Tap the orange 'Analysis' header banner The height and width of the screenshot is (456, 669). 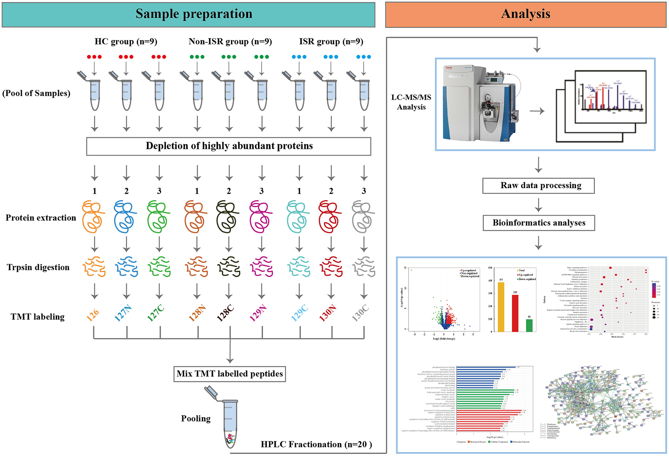pos(526,14)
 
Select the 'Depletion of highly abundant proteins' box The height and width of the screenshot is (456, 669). pos(229,146)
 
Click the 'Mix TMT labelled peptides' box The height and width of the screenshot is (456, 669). pos(230,374)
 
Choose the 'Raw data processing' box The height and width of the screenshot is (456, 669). pos(538,186)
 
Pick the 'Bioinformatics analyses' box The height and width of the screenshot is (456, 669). pos(539,223)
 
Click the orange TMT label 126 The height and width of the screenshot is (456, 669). pos(93,314)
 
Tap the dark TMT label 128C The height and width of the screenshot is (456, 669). pos(226,313)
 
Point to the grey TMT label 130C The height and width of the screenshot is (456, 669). pos(360,313)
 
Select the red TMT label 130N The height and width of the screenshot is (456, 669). pos(328,313)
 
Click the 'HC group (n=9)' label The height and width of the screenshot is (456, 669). pos(126,42)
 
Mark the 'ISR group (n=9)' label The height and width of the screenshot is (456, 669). pos(331,42)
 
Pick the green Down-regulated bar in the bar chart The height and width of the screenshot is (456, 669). pos(529,325)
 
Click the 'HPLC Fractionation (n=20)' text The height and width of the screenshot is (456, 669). pos(316,444)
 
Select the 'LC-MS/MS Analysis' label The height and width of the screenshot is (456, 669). pos(411,102)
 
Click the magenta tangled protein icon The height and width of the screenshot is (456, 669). pos(261,217)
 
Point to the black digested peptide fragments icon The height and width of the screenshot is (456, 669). pos(229,267)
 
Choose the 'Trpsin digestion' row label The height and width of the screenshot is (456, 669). pos(38,267)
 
